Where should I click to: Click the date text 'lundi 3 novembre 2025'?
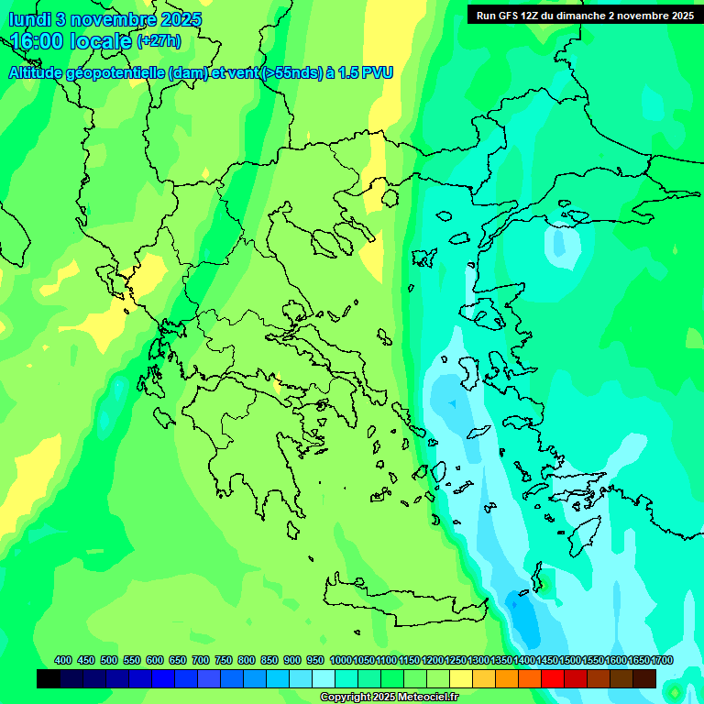point(104,19)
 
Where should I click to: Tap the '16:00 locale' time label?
point(71,41)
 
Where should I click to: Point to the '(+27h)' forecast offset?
point(159,41)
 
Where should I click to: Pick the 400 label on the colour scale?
point(63,660)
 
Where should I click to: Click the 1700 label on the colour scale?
point(662,660)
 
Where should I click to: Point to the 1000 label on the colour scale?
point(340,660)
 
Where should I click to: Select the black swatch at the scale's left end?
point(49,678)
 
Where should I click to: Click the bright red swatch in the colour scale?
point(553,678)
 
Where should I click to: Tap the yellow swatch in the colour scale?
point(461,678)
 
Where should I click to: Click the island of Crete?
point(403,591)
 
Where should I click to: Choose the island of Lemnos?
point(424,257)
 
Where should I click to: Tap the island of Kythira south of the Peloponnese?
point(292,530)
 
